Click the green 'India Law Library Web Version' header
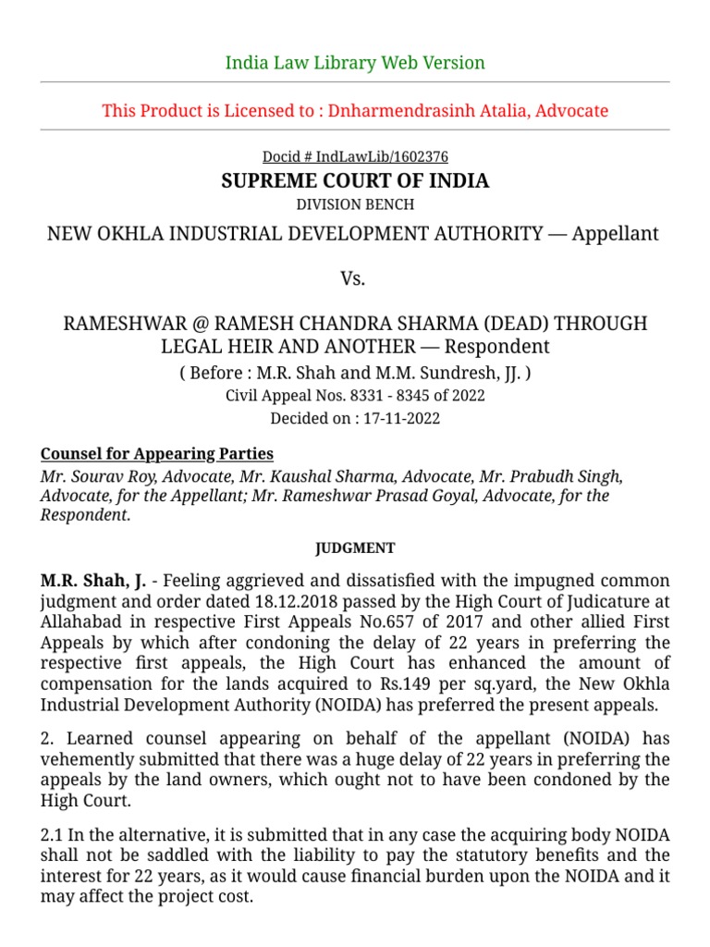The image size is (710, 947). [x=355, y=63]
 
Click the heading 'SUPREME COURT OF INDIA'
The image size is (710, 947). [x=355, y=180]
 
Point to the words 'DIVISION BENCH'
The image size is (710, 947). [x=355, y=204]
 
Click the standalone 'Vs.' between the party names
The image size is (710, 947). [x=355, y=278]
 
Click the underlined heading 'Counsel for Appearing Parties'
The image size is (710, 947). [x=157, y=453]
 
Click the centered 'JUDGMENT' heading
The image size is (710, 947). [x=355, y=548]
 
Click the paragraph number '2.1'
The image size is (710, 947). [x=52, y=835]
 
